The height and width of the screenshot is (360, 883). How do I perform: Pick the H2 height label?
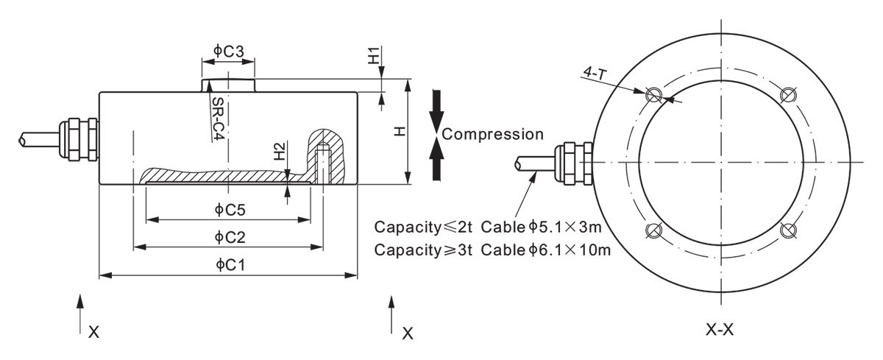pos(280,152)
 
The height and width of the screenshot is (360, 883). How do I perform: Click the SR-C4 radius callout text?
pos(217,120)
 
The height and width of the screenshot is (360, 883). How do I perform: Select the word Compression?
pos(494,134)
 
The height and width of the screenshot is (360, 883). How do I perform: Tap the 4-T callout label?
pos(593,73)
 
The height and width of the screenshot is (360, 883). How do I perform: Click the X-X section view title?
pos(720,330)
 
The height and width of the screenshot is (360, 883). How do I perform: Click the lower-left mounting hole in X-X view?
pos(652,230)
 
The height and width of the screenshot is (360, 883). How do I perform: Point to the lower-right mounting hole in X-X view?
pos(788,230)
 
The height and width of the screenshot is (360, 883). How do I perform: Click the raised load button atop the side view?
pos(229,85)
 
